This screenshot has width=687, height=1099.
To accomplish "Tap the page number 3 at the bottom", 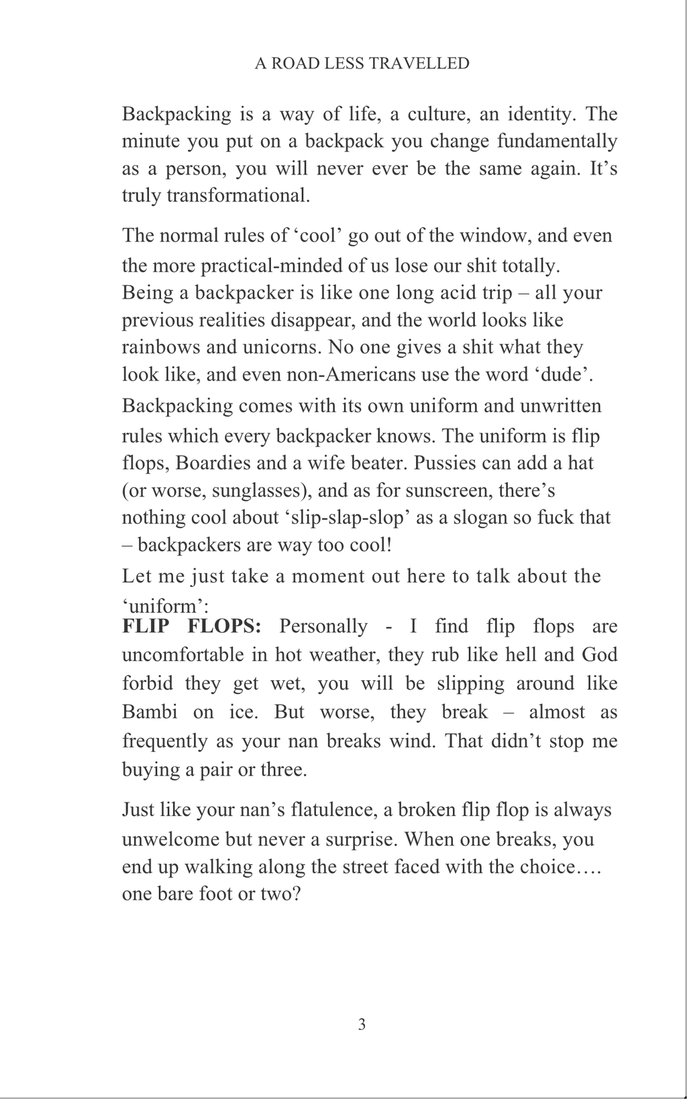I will coord(362,1024).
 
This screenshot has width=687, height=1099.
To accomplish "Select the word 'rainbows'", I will coord(161,347).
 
